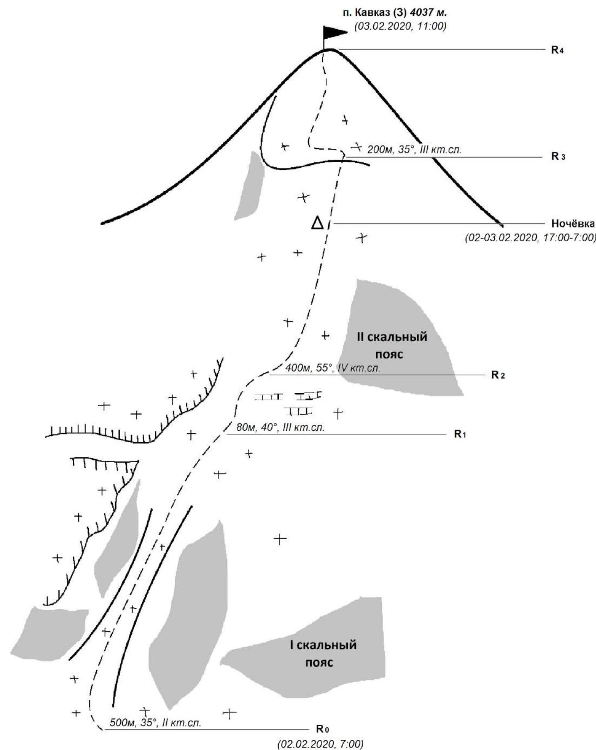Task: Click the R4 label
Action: coord(557,51)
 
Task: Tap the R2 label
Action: coord(498,375)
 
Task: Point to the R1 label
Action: coord(460,434)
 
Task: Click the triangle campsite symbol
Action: coord(318,223)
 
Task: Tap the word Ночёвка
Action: coord(573,224)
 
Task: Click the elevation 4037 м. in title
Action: coord(428,13)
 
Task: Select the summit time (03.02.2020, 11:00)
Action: coord(400,27)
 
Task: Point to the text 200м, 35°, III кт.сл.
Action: coord(414,150)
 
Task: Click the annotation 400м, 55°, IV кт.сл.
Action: coord(333,368)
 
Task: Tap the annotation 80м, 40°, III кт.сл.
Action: coord(280,428)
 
